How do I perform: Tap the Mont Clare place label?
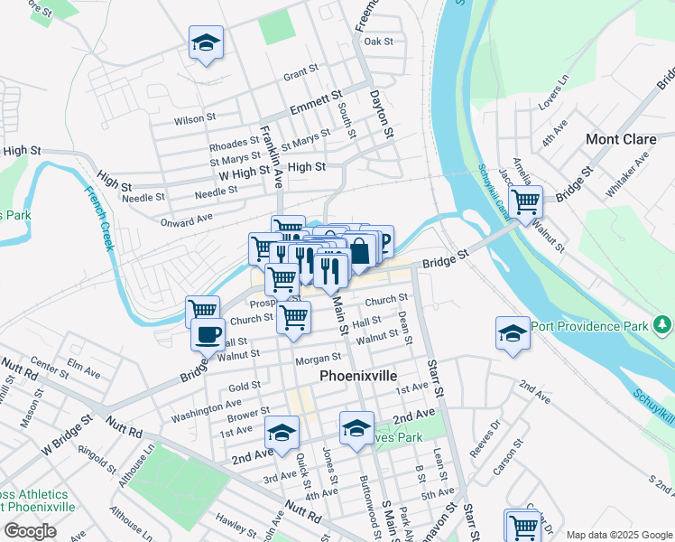point(615,139)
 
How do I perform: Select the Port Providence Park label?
point(591,325)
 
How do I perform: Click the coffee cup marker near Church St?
point(208,334)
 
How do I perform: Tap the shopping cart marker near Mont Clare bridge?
point(524,203)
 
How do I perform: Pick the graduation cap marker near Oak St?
point(206,43)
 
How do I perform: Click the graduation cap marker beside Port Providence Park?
point(513,334)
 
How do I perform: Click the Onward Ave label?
point(186,219)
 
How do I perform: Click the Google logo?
point(30,530)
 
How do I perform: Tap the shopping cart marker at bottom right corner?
point(523,524)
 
